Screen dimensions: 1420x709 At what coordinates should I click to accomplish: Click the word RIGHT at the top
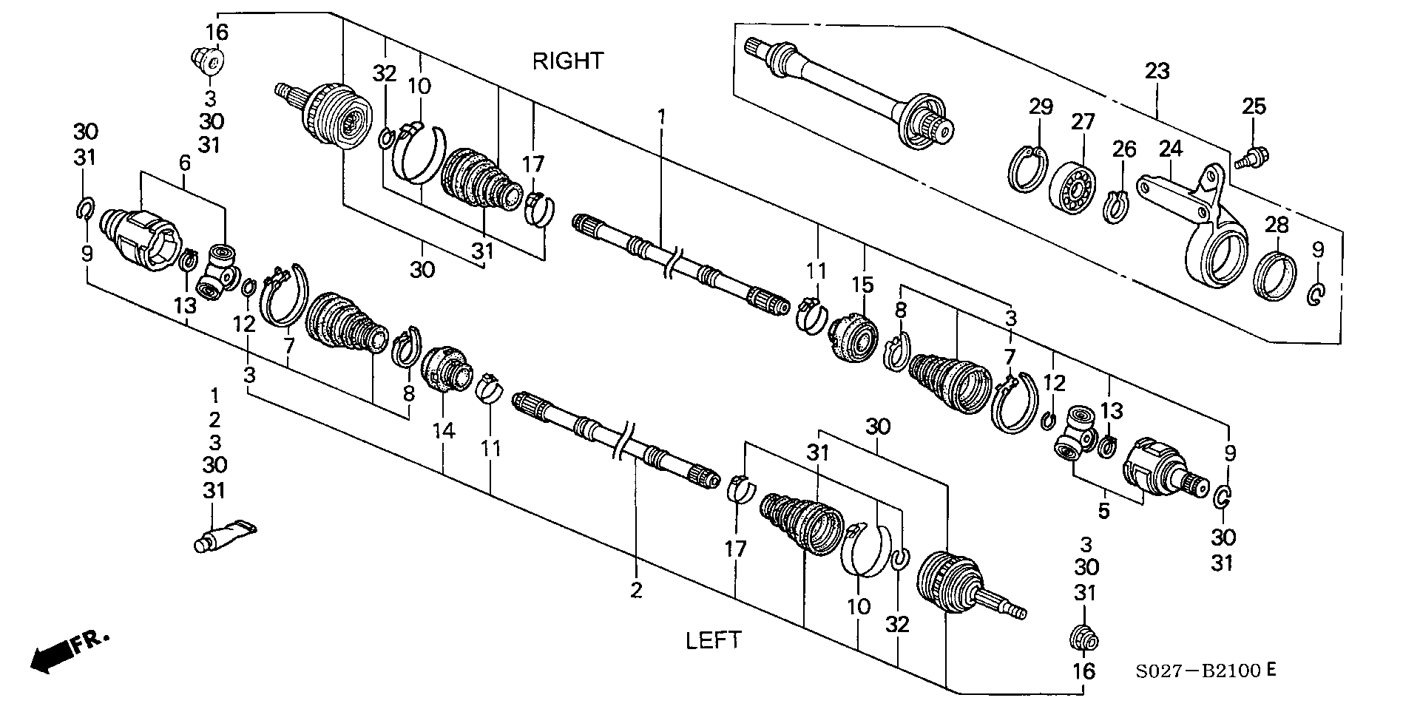tap(568, 61)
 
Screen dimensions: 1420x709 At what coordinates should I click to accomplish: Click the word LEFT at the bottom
tap(713, 640)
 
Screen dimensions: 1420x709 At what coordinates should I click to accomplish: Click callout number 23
tap(1158, 72)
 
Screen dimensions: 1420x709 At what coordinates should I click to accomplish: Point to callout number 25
tap(1254, 106)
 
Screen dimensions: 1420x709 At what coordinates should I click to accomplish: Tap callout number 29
tap(1041, 106)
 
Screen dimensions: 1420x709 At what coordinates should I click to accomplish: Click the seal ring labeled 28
tap(1277, 277)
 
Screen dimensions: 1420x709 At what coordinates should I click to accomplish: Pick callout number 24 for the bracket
tap(1171, 149)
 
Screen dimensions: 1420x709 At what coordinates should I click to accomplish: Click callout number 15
tap(862, 285)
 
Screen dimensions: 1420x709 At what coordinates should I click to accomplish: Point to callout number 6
tap(183, 163)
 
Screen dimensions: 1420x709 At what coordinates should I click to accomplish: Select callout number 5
tap(1103, 511)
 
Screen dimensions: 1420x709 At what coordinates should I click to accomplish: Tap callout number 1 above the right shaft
tap(662, 116)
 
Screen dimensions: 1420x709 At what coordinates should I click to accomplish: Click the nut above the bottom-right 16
tap(1084, 639)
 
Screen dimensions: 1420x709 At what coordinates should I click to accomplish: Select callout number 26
tap(1124, 149)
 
